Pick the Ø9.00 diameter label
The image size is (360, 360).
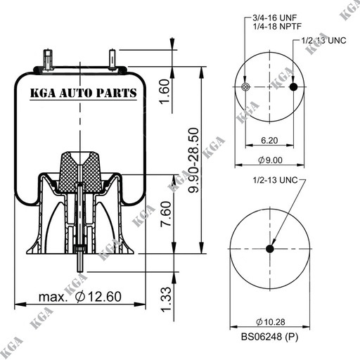271,162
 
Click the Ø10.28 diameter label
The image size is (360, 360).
271,321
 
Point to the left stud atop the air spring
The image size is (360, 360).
47,60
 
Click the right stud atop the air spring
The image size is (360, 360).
112,60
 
